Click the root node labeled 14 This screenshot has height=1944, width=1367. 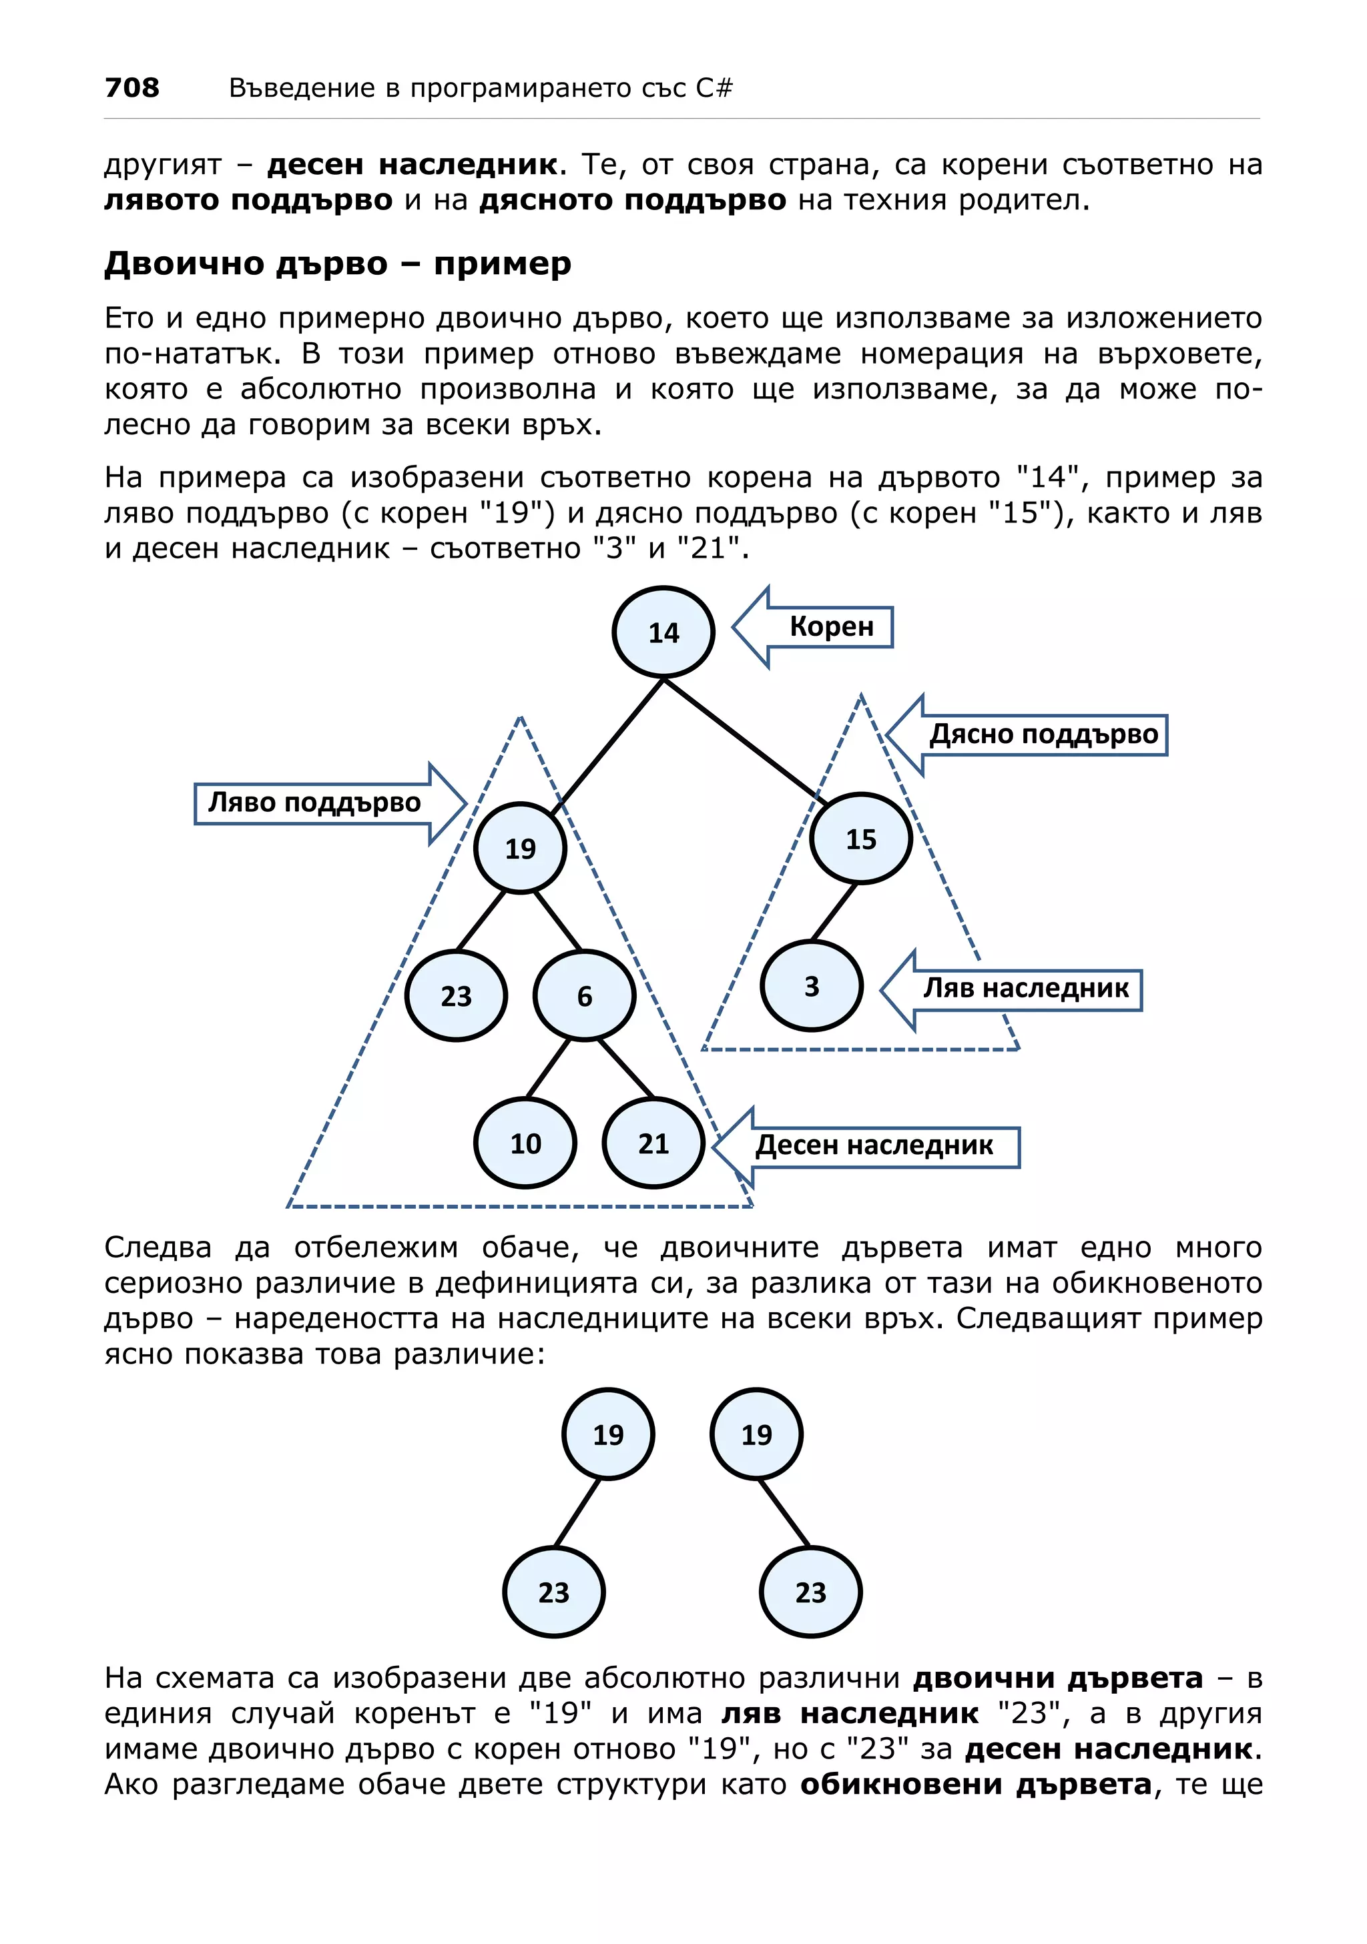tap(663, 632)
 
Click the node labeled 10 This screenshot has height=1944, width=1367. tap(525, 1143)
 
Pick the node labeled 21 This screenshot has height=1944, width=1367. tap(653, 1143)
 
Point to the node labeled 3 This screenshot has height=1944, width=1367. tap(812, 985)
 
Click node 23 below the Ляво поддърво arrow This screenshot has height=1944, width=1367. tap(456, 996)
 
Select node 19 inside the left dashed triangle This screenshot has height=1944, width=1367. tap(520, 847)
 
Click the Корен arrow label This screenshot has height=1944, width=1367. tap(830, 626)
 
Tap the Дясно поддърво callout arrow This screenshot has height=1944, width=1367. tap(1042, 734)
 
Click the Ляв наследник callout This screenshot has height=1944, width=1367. tap(1025, 988)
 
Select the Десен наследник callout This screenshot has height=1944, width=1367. tap(873, 1145)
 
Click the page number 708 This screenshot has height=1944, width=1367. tap(131, 87)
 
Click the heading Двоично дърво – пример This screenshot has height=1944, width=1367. tap(337, 264)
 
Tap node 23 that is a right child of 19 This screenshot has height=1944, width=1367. tap(810, 1592)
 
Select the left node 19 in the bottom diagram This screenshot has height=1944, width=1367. tap(607, 1434)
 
